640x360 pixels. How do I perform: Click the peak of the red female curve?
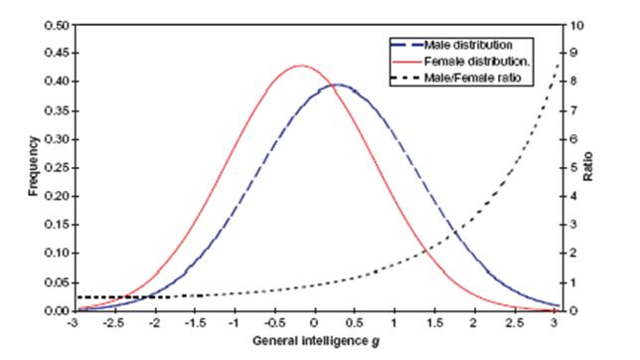[x=299, y=66]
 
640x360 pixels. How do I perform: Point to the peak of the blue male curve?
[x=337, y=85]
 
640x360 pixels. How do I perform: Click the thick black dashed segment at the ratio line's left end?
[x=99, y=297]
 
